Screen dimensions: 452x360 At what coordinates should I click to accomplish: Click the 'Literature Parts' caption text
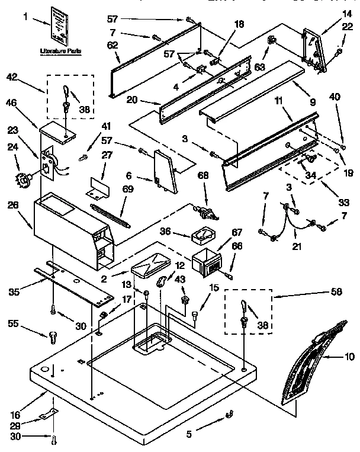61,52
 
